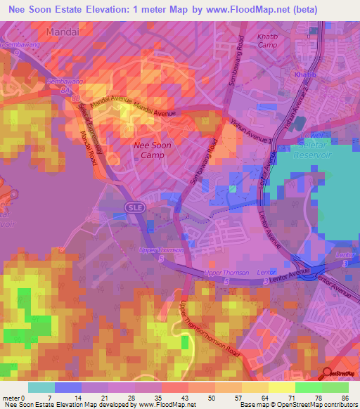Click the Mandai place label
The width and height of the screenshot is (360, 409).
[x=60, y=32]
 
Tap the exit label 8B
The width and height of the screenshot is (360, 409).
[x=75, y=99]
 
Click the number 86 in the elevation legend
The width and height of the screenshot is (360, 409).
[x=345, y=398]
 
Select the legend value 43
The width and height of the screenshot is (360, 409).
[x=166, y=398]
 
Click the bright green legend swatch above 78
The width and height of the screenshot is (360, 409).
[x=309, y=387]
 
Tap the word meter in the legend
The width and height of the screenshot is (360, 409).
[x=13, y=398]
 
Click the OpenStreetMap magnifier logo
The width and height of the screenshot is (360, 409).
[x=326, y=372]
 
